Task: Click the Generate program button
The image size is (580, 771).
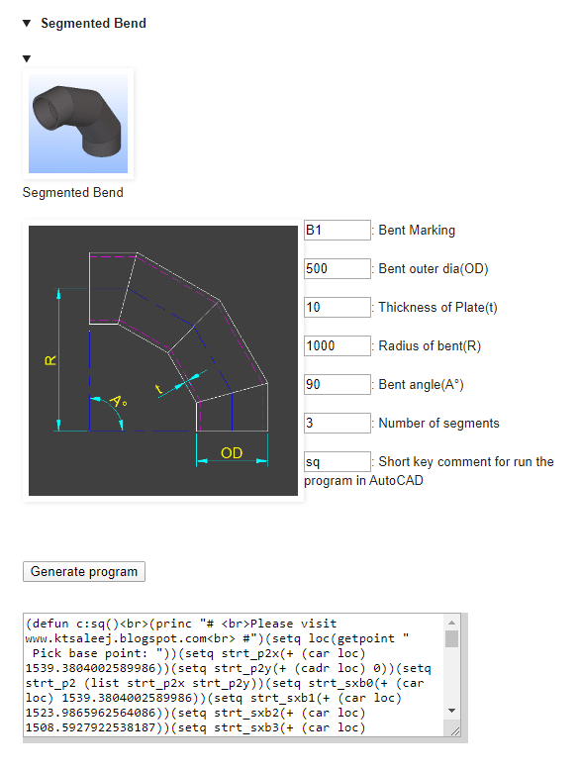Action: [84, 571]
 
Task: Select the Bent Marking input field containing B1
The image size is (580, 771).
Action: [338, 231]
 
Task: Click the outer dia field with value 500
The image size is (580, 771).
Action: [338, 268]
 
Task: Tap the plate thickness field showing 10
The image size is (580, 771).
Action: [338, 308]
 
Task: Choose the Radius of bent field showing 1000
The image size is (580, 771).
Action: [338, 345]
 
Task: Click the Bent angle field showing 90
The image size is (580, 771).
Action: [338, 385]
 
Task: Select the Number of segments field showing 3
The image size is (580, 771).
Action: [338, 423]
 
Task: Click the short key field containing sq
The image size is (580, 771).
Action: [338, 462]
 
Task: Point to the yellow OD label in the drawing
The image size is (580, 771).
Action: [232, 453]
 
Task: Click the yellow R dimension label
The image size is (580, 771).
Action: [50, 360]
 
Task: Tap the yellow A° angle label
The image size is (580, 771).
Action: [118, 401]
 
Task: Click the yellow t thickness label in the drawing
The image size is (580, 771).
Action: [158, 389]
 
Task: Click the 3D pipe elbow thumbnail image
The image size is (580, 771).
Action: [78, 124]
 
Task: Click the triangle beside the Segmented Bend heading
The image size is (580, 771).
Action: [27, 23]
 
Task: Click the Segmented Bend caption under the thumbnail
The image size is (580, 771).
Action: [72, 192]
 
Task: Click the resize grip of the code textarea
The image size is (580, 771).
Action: [455, 731]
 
